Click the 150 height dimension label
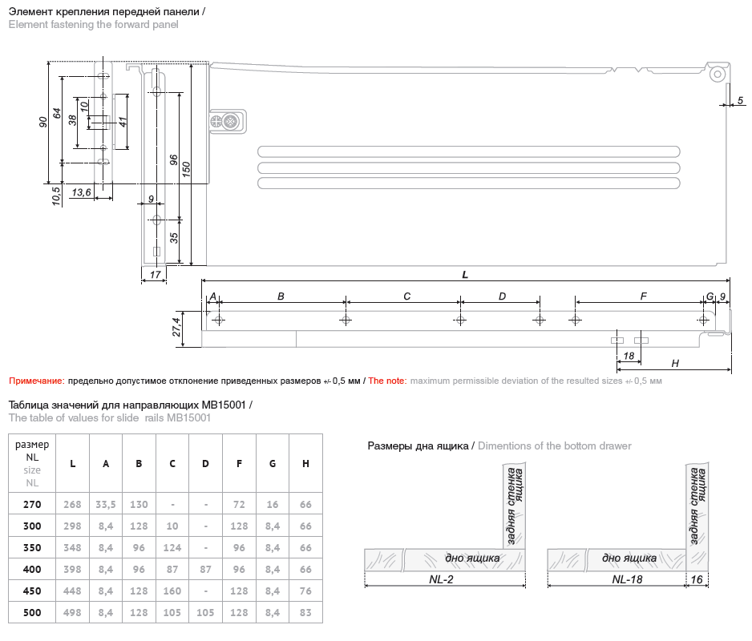(x=185, y=170)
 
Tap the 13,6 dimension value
(x=81, y=192)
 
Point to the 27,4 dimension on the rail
(x=176, y=328)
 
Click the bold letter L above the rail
(x=465, y=274)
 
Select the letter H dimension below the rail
(x=675, y=363)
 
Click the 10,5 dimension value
(x=56, y=196)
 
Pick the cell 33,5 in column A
(x=106, y=504)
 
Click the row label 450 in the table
(x=32, y=591)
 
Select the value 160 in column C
(x=172, y=591)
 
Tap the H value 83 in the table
(x=305, y=612)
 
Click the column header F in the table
(x=240, y=463)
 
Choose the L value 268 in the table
(x=73, y=504)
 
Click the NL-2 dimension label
(x=443, y=579)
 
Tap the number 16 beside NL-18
(x=697, y=579)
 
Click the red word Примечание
(x=36, y=381)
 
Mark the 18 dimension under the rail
(x=629, y=356)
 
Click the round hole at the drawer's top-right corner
(x=718, y=73)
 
